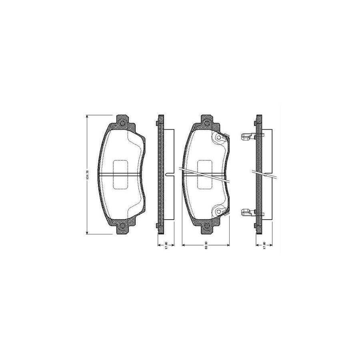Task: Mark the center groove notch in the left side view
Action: click(x=167, y=174)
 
